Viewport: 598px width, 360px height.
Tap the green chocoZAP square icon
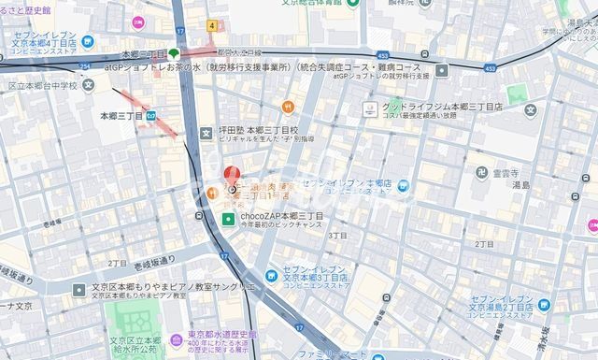228,220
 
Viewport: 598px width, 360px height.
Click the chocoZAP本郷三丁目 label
282,216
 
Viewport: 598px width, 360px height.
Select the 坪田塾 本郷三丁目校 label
259,130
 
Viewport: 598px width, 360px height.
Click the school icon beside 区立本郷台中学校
88,85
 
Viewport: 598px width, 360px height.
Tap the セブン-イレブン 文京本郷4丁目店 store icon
88,42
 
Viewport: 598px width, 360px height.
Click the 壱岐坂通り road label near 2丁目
153,262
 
